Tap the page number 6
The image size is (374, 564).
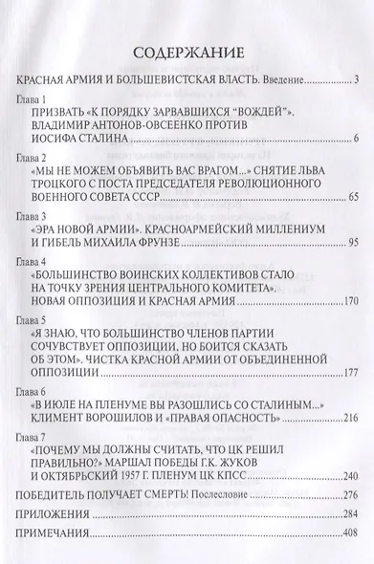click(355, 141)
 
